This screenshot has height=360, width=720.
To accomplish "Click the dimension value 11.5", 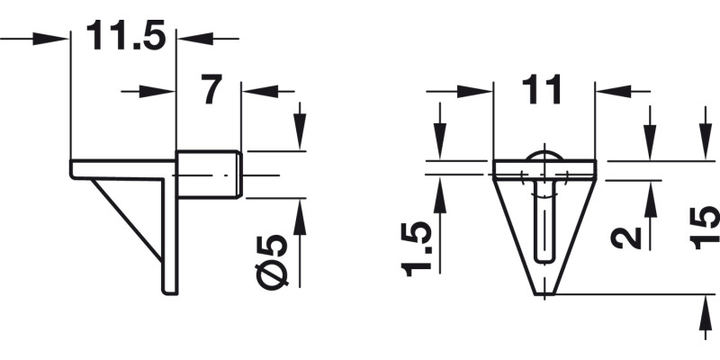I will (x=125, y=38).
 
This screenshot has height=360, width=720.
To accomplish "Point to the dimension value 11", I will (x=544, y=90).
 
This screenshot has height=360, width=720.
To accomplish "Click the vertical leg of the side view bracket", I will (x=169, y=234).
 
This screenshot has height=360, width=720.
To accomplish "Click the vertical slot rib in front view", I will (x=544, y=220).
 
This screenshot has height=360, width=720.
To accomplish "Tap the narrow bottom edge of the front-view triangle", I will (x=544, y=294).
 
